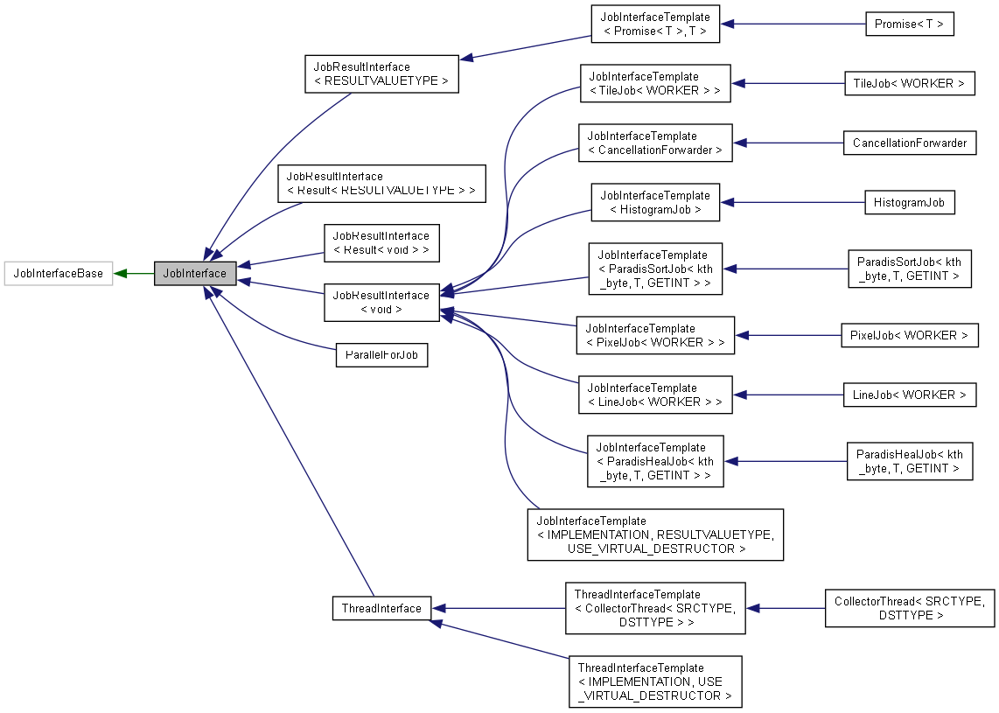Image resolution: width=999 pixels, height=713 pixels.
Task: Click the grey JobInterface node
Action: point(195,273)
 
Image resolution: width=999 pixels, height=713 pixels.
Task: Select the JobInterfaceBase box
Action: point(59,273)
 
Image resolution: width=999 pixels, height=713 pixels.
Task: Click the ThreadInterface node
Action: point(381,608)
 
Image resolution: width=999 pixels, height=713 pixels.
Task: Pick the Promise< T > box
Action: point(909,24)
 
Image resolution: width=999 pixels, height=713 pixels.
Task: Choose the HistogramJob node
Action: point(909,202)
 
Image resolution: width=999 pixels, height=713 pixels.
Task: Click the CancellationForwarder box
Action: point(909,143)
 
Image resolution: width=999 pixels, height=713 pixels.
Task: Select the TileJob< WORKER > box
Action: point(909,83)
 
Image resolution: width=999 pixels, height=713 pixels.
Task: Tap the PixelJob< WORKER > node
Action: point(909,335)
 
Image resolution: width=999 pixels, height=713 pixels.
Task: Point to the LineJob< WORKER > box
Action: point(909,395)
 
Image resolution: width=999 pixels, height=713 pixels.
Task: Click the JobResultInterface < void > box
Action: point(381,302)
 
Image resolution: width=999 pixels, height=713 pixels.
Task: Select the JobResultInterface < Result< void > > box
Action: point(381,242)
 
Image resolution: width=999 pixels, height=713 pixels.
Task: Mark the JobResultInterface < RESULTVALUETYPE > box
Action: point(381,73)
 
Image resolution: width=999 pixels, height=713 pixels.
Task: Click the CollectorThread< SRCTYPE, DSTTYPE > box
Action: point(909,608)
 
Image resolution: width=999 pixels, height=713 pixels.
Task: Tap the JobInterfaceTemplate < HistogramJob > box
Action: point(655,202)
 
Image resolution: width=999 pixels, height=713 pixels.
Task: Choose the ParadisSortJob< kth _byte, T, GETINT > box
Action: point(909,269)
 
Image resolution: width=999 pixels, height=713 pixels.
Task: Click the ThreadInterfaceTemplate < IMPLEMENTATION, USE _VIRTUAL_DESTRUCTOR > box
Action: point(654,682)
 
